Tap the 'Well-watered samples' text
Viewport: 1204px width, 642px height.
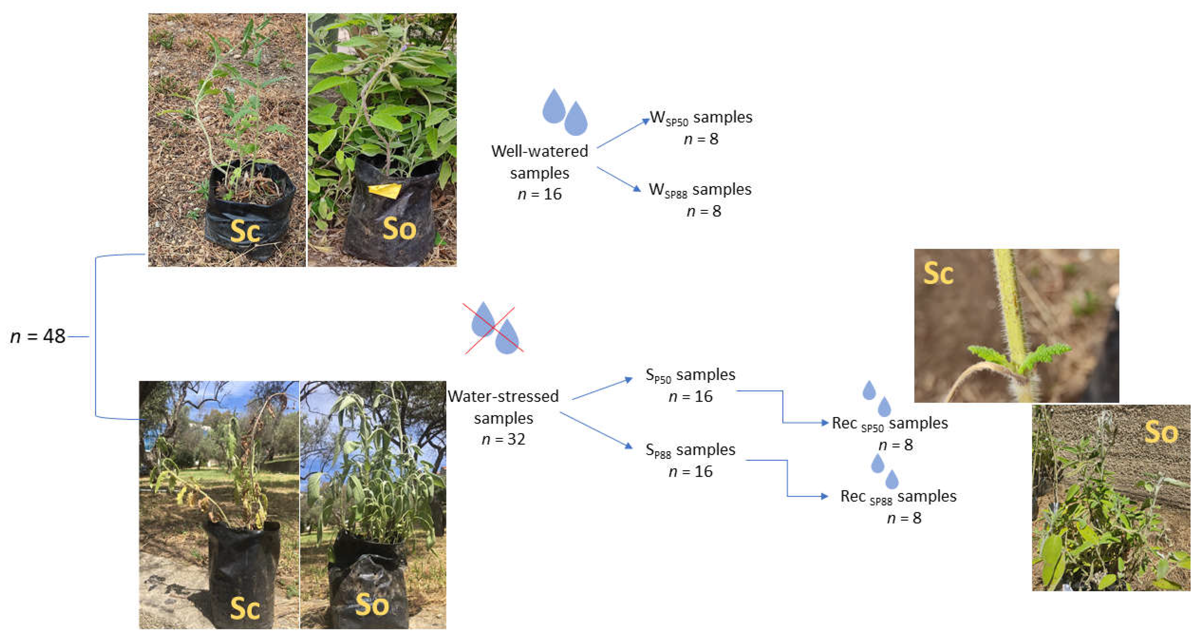pyautogui.click(x=539, y=162)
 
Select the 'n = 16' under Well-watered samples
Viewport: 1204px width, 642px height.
pyautogui.click(x=539, y=194)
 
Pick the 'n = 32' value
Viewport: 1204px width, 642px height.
pyautogui.click(x=503, y=439)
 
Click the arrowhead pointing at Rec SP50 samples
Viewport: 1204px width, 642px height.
pyautogui.click(x=825, y=423)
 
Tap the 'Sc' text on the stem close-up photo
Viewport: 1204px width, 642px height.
pyautogui.click(x=938, y=273)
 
